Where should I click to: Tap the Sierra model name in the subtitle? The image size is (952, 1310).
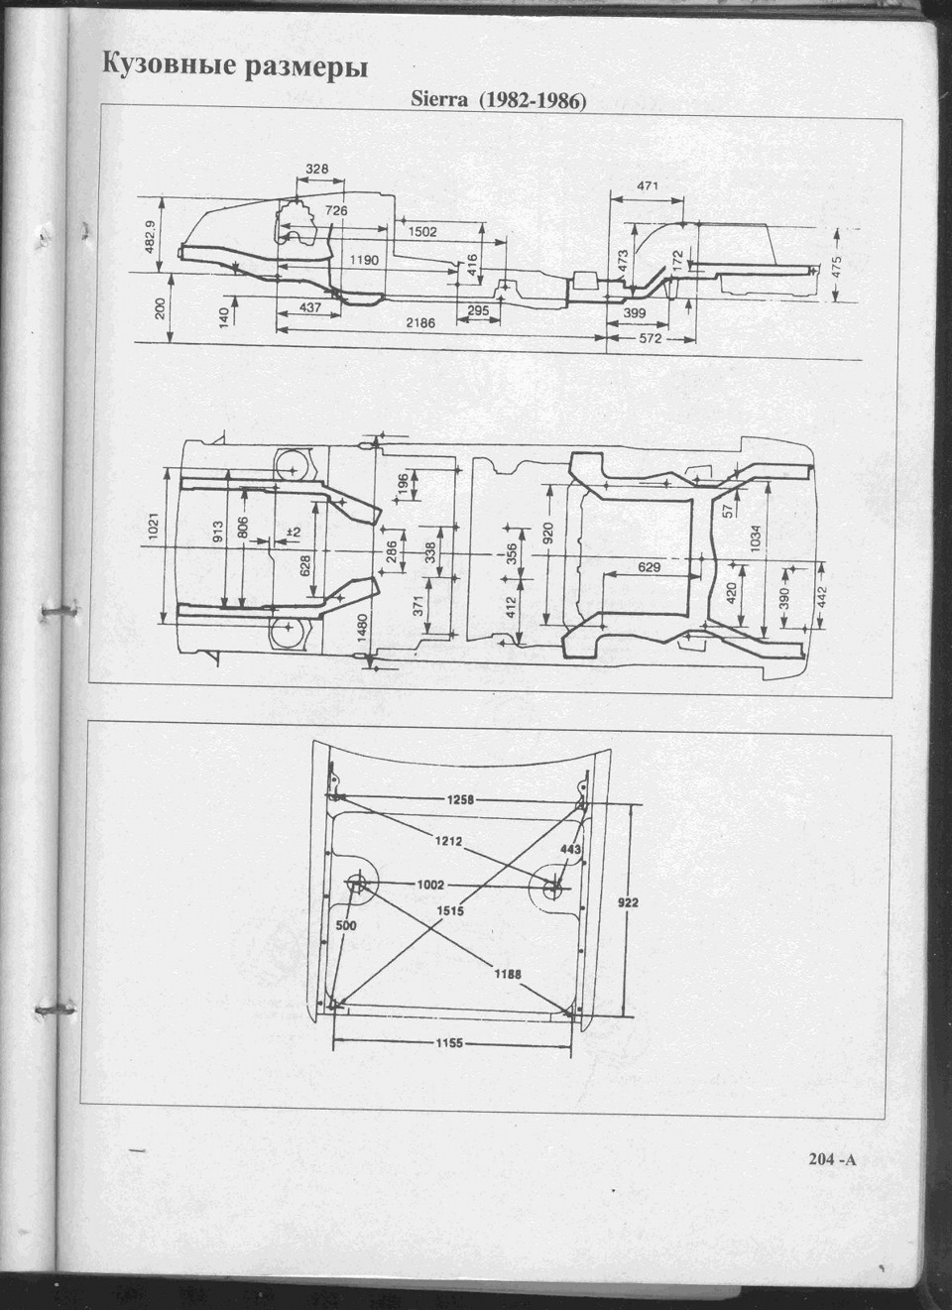pyautogui.click(x=438, y=99)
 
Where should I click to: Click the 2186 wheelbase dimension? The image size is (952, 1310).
pyautogui.click(x=421, y=321)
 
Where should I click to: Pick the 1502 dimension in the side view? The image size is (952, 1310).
pyautogui.click(x=422, y=232)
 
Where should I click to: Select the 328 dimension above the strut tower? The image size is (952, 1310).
pyautogui.click(x=317, y=169)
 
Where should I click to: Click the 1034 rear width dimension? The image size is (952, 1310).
pyautogui.click(x=755, y=539)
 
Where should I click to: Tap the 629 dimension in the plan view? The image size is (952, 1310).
pyautogui.click(x=650, y=567)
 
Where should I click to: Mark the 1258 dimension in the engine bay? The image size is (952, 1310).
pyautogui.click(x=461, y=799)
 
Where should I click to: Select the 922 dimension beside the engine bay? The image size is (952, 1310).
pyautogui.click(x=628, y=902)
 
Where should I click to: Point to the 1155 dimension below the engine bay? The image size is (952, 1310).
pyautogui.click(x=449, y=1042)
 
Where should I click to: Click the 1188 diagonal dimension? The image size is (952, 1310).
pyautogui.click(x=508, y=974)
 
